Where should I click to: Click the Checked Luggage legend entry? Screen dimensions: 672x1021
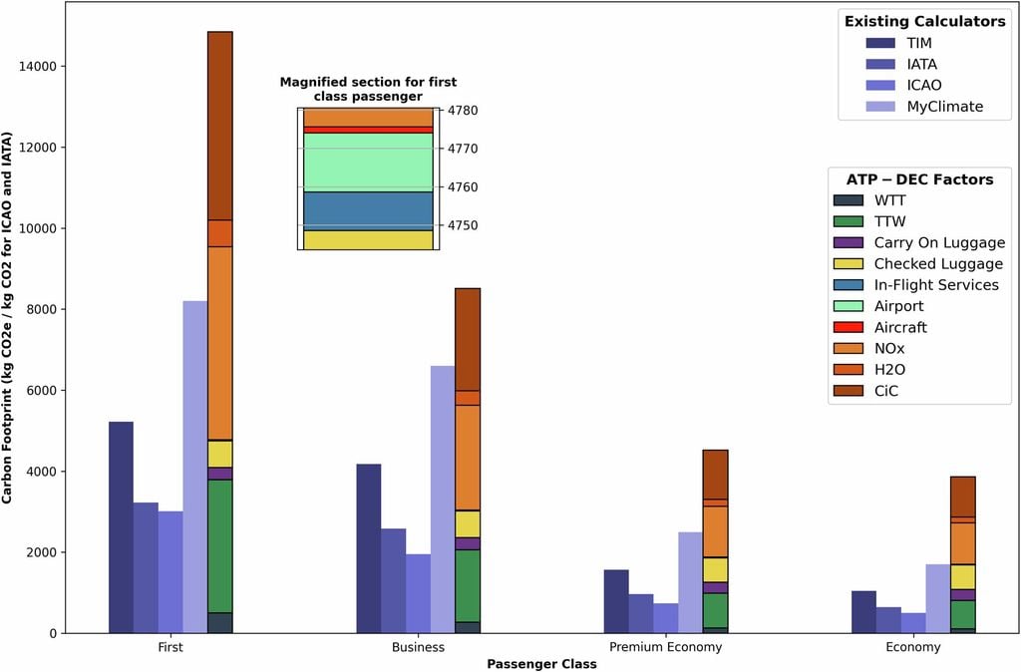coord(937,264)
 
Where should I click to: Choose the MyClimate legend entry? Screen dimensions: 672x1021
coord(944,107)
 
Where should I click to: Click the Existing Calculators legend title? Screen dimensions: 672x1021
coord(924,21)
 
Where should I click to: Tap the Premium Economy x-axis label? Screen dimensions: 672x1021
coord(666,647)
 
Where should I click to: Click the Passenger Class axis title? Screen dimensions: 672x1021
coord(541,663)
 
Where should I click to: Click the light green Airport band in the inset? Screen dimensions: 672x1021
coord(367,162)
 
